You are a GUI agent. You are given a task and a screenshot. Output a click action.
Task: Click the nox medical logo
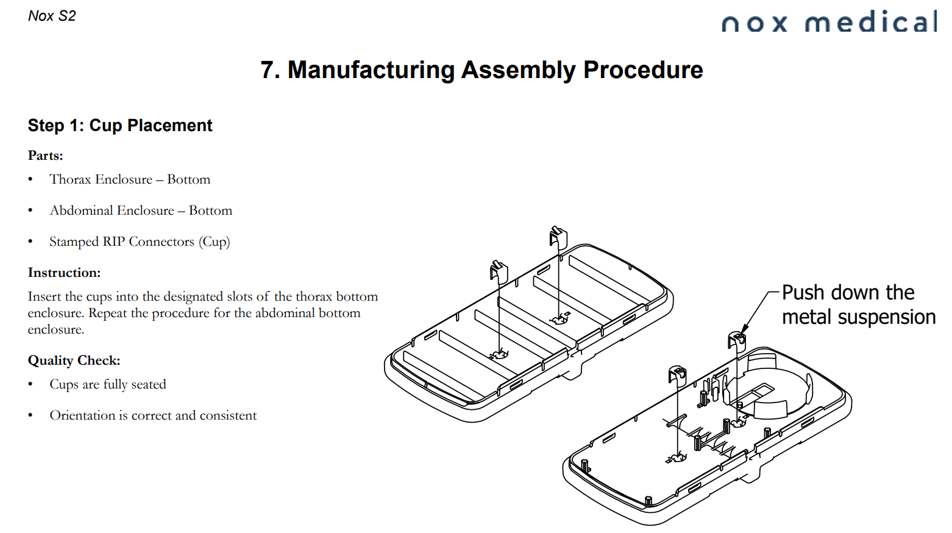(x=829, y=23)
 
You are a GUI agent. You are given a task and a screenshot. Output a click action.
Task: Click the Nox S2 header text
(x=52, y=16)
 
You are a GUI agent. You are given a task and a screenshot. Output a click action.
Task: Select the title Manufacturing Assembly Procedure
(x=481, y=70)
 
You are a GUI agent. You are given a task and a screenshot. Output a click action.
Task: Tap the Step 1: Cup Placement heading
(x=120, y=126)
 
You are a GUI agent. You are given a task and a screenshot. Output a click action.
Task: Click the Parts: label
(x=46, y=156)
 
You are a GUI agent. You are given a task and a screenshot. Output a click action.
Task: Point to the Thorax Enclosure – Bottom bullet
(x=130, y=179)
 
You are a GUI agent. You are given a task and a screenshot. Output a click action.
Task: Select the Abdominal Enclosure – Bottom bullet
(x=141, y=210)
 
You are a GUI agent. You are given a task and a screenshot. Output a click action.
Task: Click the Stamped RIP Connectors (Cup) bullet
(x=140, y=241)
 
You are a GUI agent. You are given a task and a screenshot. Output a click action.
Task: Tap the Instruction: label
(x=64, y=273)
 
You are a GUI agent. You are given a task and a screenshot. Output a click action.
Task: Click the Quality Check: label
(x=74, y=360)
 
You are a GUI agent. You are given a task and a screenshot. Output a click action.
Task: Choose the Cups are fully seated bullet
(x=108, y=384)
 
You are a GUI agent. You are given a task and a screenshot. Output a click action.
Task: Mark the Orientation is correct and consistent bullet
(x=153, y=415)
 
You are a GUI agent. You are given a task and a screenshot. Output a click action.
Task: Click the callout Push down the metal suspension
(x=858, y=305)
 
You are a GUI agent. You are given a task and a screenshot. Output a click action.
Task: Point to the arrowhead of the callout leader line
(x=744, y=331)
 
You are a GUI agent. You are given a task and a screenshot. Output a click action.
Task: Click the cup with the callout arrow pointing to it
(x=736, y=342)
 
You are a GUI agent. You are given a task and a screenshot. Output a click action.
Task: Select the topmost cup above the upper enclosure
(x=558, y=237)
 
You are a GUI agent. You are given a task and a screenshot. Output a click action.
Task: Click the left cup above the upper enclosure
(x=499, y=271)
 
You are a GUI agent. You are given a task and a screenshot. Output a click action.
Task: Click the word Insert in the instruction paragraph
(x=44, y=296)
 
